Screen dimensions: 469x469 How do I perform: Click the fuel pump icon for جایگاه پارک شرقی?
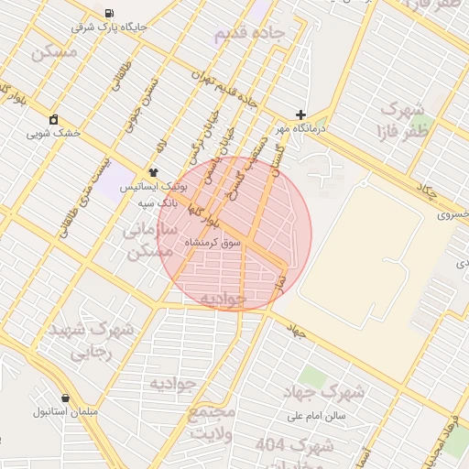(x=110, y=13)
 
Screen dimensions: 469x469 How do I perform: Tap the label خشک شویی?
(x=54, y=134)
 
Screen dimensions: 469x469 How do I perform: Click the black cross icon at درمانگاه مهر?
(x=300, y=115)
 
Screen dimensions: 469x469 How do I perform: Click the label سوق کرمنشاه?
(x=213, y=243)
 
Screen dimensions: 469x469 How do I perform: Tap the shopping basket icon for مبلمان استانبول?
(x=66, y=398)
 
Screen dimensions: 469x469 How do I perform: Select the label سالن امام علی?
(x=316, y=415)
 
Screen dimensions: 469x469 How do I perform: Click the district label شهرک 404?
(x=281, y=444)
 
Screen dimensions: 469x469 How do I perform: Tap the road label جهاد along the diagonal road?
(x=295, y=327)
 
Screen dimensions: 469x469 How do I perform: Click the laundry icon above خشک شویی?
(x=54, y=119)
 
